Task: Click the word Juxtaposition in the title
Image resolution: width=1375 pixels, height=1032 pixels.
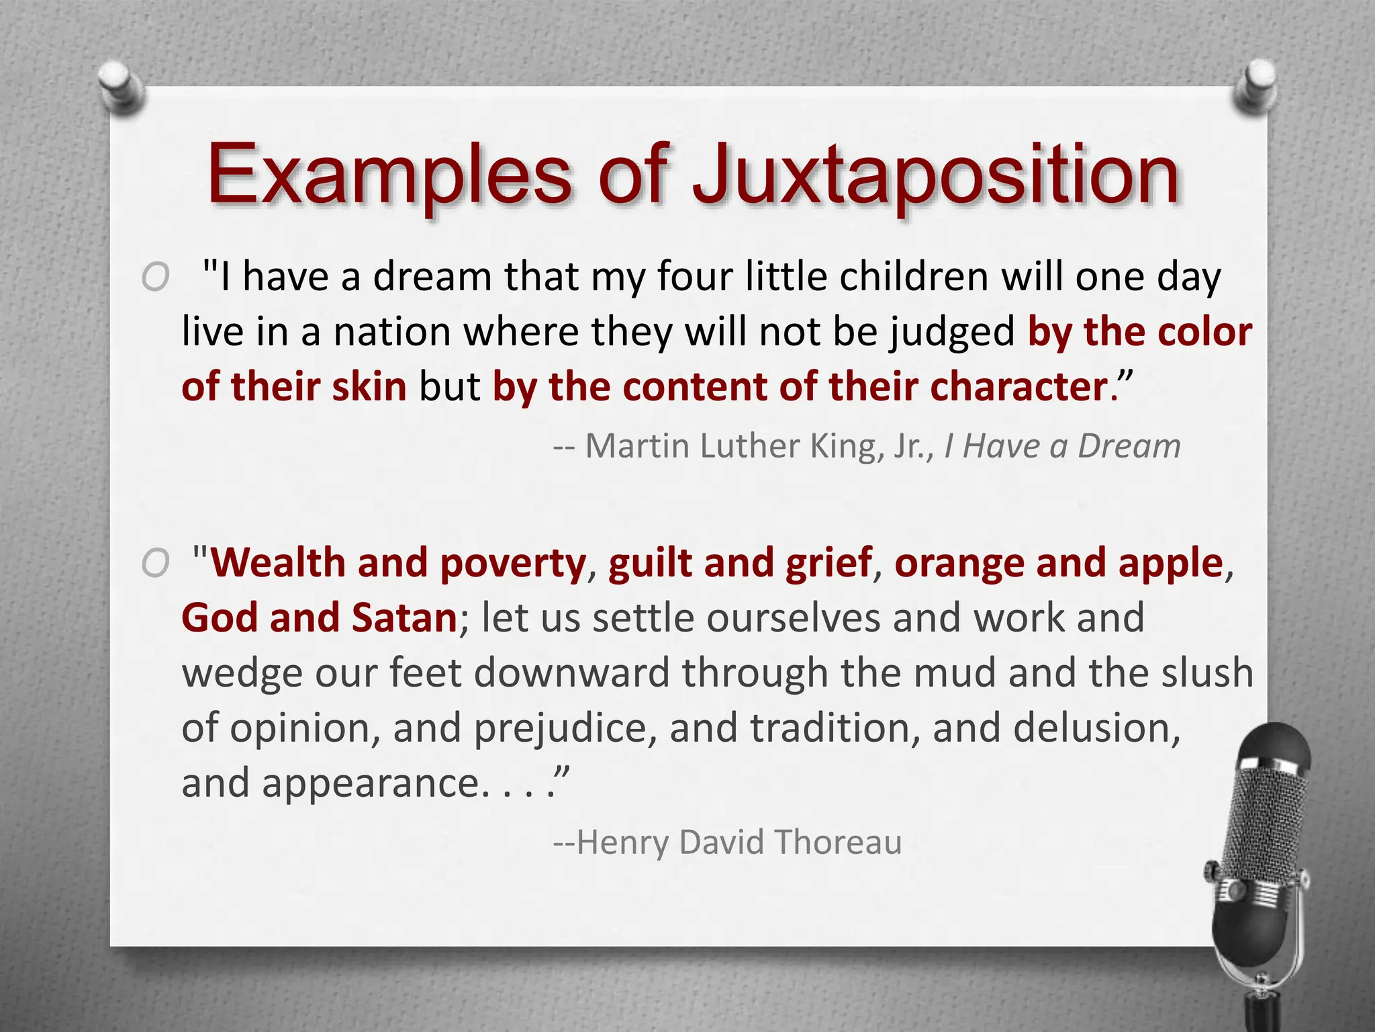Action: (x=936, y=176)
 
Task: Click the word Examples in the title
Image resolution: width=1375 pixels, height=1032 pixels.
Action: (x=389, y=176)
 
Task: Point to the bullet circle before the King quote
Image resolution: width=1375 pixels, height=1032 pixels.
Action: (x=156, y=277)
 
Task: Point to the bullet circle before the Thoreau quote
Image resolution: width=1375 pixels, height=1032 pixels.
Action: (x=156, y=563)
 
